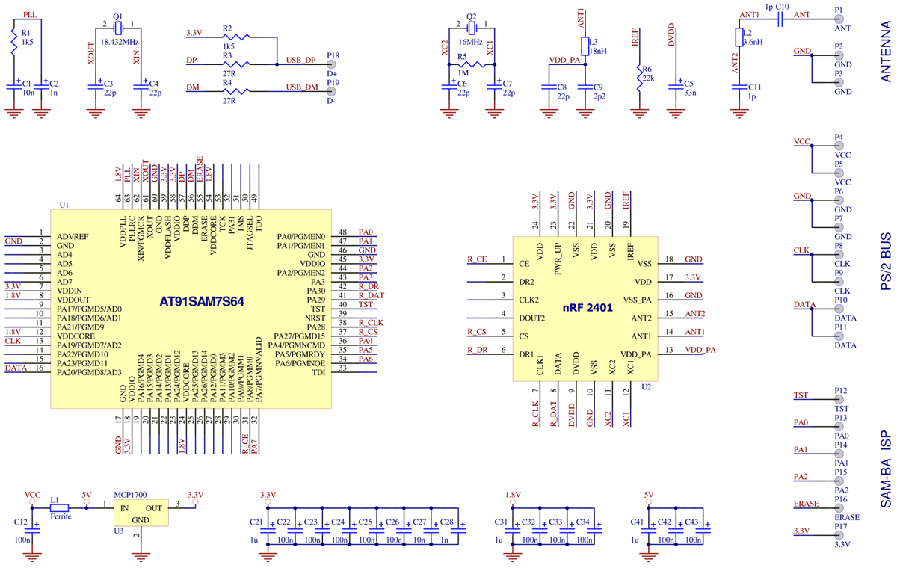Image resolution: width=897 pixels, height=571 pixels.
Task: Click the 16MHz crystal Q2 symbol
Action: (471, 28)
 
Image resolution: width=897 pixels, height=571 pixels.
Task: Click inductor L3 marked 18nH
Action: (585, 45)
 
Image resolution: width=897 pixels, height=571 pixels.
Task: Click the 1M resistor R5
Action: (471, 64)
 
